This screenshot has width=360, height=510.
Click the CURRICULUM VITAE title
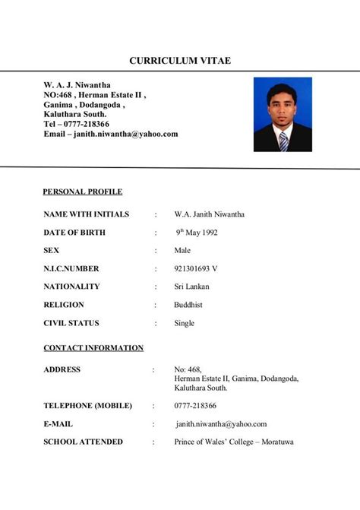pyautogui.click(x=179, y=60)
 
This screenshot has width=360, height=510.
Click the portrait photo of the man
pyautogui.click(x=283, y=114)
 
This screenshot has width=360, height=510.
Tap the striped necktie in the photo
pyautogui.click(x=283, y=141)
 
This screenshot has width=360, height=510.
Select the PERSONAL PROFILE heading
pyautogui.click(x=83, y=192)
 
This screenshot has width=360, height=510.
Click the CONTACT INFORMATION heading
pyautogui.click(x=93, y=348)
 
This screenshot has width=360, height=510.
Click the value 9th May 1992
pyautogui.click(x=197, y=233)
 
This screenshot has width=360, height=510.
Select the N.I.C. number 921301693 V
pyautogui.click(x=196, y=268)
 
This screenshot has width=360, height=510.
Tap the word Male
pyautogui.click(x=182, y=250)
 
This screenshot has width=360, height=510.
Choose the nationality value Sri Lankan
pyautogui.click(x=191, y=287)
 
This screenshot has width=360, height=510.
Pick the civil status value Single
pyautogui.click(x=184, y=323)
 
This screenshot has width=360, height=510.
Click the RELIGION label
pyautogui.click(x=66, y=305)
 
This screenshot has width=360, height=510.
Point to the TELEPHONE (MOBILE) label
pyautogui.click(x=87, y=405)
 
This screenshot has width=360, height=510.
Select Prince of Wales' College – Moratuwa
pyautogui.click(x=233, y=442)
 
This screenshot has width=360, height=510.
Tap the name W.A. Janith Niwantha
pyautogui.click(x=209, y=214)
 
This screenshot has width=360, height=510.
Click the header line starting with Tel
pyautogui.click(x=76, y=124)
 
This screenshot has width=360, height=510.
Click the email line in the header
pyautogui.click(x=111, y=134)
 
